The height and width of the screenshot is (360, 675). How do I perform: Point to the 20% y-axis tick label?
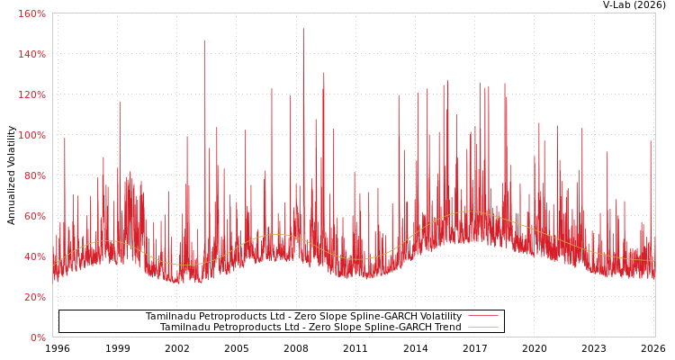click(x=33, y=297)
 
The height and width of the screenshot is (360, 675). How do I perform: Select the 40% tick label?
click(x=33, y=256)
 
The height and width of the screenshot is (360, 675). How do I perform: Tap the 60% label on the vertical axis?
click(x=33, y=216)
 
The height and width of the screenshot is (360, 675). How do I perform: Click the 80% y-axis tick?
click(x=33, y=175)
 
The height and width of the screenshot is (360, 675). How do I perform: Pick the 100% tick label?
click(x=31, y=135)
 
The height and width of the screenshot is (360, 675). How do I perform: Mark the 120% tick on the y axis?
click(x=31, y=94)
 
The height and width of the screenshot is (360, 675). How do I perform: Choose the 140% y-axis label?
click(x=31, y=54)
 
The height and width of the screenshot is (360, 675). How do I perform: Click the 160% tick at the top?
click(x=31, y=13)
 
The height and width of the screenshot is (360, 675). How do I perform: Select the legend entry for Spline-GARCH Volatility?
click(x=303, y=317)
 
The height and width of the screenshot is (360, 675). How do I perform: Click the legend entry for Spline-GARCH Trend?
click(x=310, y=328)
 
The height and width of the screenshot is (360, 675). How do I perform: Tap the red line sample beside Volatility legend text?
click(x=482, y=317)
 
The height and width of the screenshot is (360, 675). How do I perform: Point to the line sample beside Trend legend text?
click(x=482, y=328)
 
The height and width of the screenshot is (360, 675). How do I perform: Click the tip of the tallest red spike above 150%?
click(x=303, y=28)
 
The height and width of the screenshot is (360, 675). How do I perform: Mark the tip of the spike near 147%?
click(x=204, y=40)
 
